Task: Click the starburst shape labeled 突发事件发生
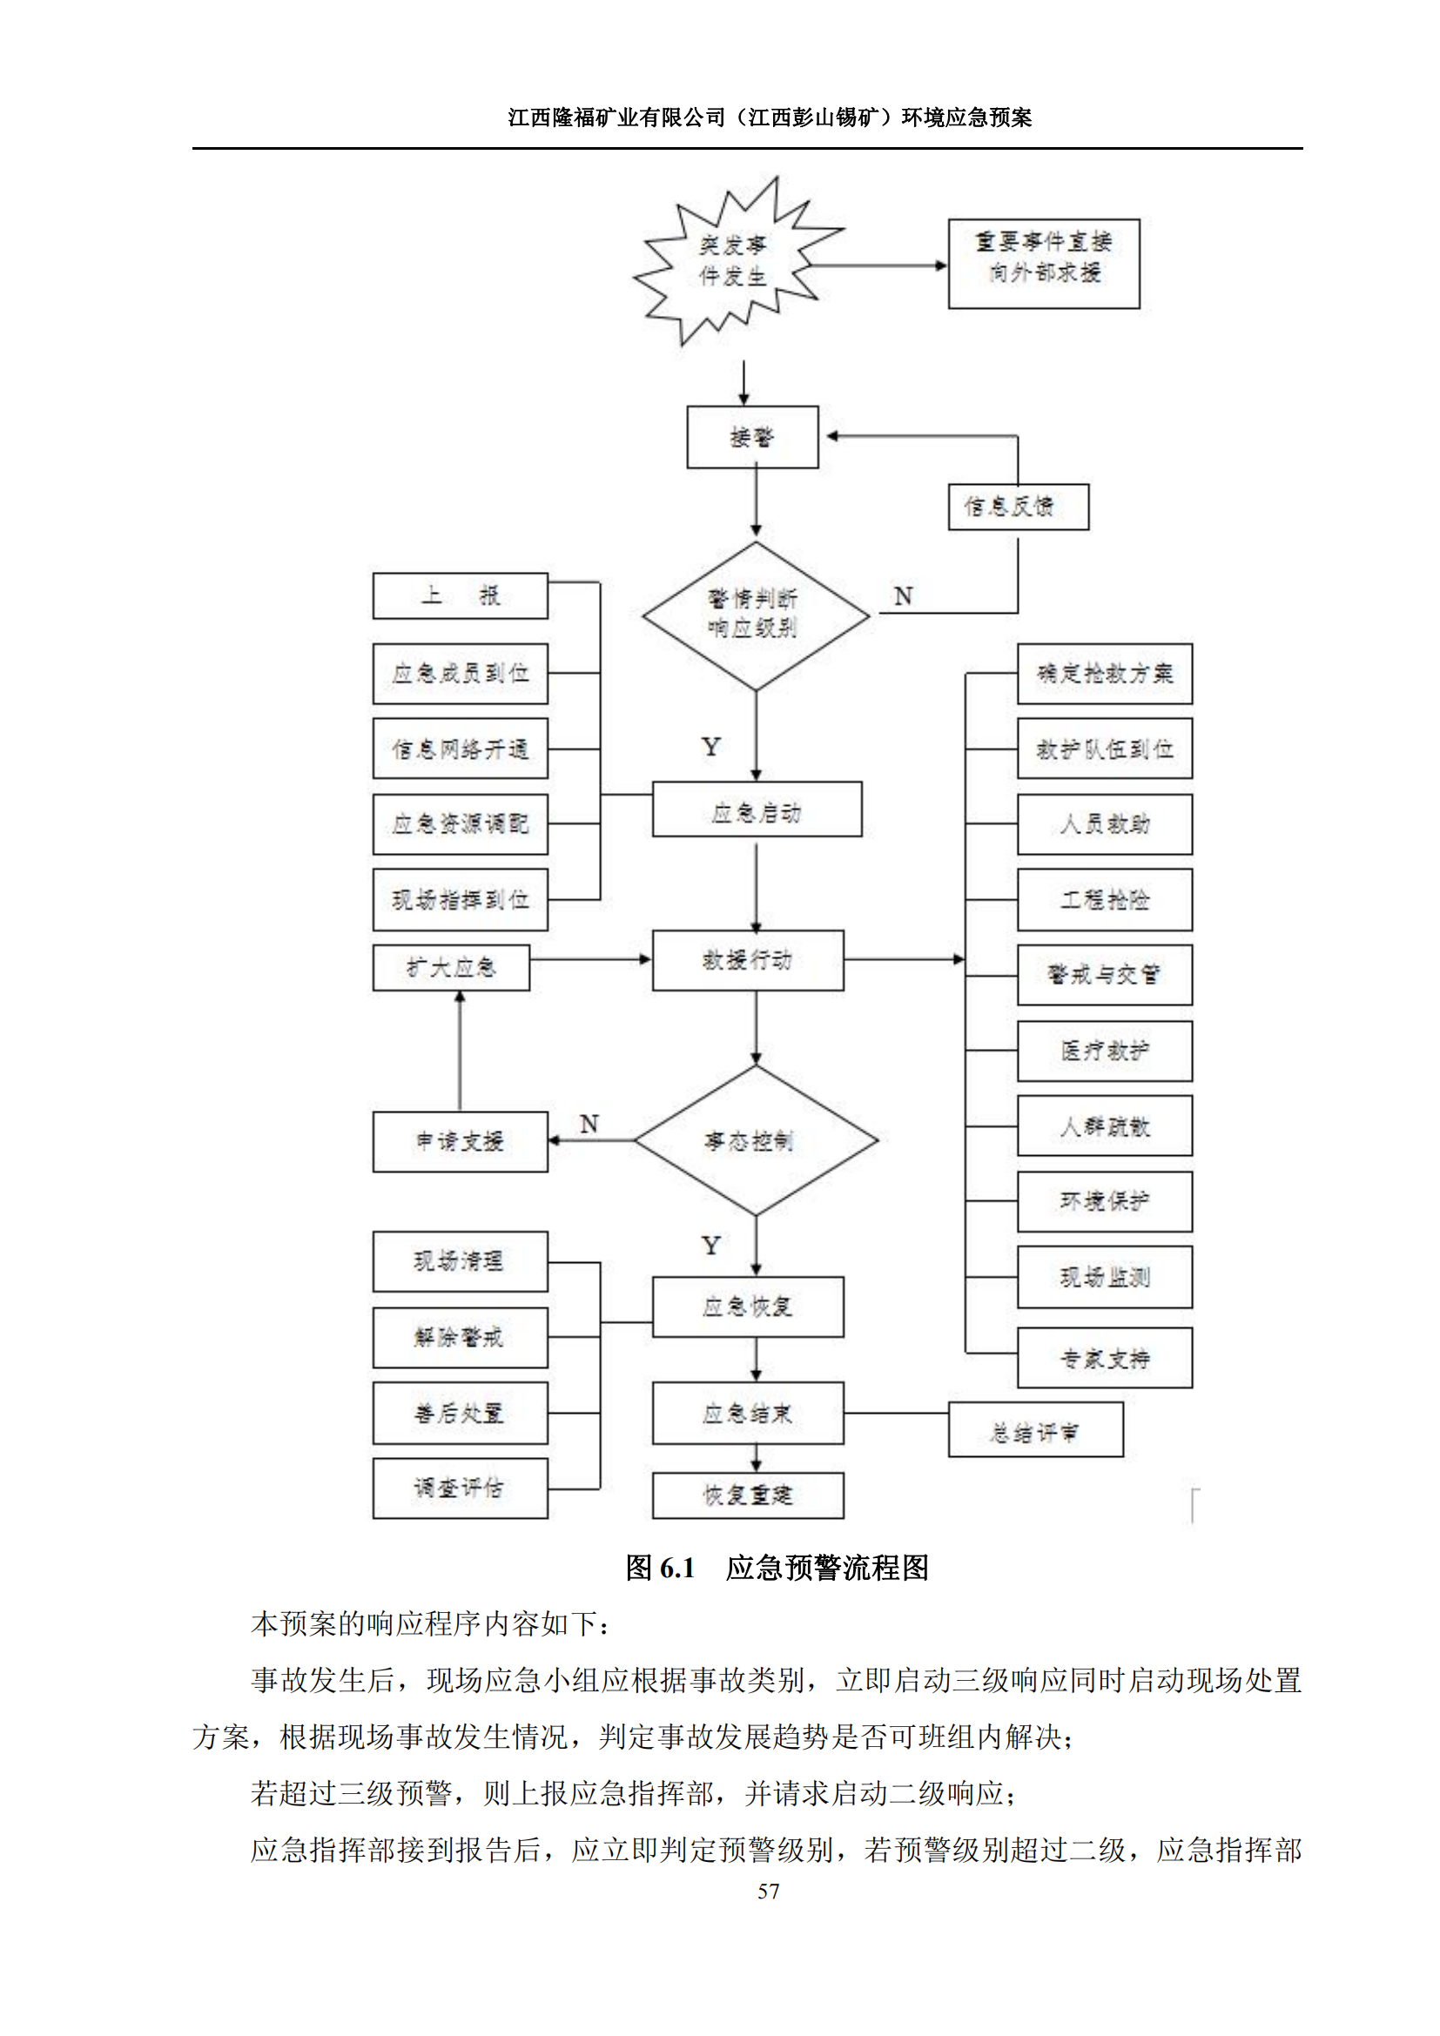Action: (x=734, y=261)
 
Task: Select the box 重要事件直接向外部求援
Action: (x=1044, y=264)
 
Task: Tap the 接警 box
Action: (x=752, y=437)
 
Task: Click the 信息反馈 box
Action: (x=1018, y=507)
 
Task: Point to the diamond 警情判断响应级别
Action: (x=755, y=615)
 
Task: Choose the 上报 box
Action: (x=460, y=595)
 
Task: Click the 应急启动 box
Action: (x=757, y=809)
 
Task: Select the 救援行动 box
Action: (x=748, y=959)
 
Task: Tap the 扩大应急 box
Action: (x=450, y=966)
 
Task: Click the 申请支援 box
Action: (x=460, y=1141)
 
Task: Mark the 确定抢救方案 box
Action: (x=1104, y=674)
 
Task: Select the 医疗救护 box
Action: (x=1104, y=1051)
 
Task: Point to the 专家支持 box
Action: (x=1104, y=1358)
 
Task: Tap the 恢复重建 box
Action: (x=748, y=1495)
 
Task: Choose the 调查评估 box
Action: (x=460, y=1488)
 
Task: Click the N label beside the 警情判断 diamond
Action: (x=903, y=596)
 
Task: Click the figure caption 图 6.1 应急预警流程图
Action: (x=777, y=1568)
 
